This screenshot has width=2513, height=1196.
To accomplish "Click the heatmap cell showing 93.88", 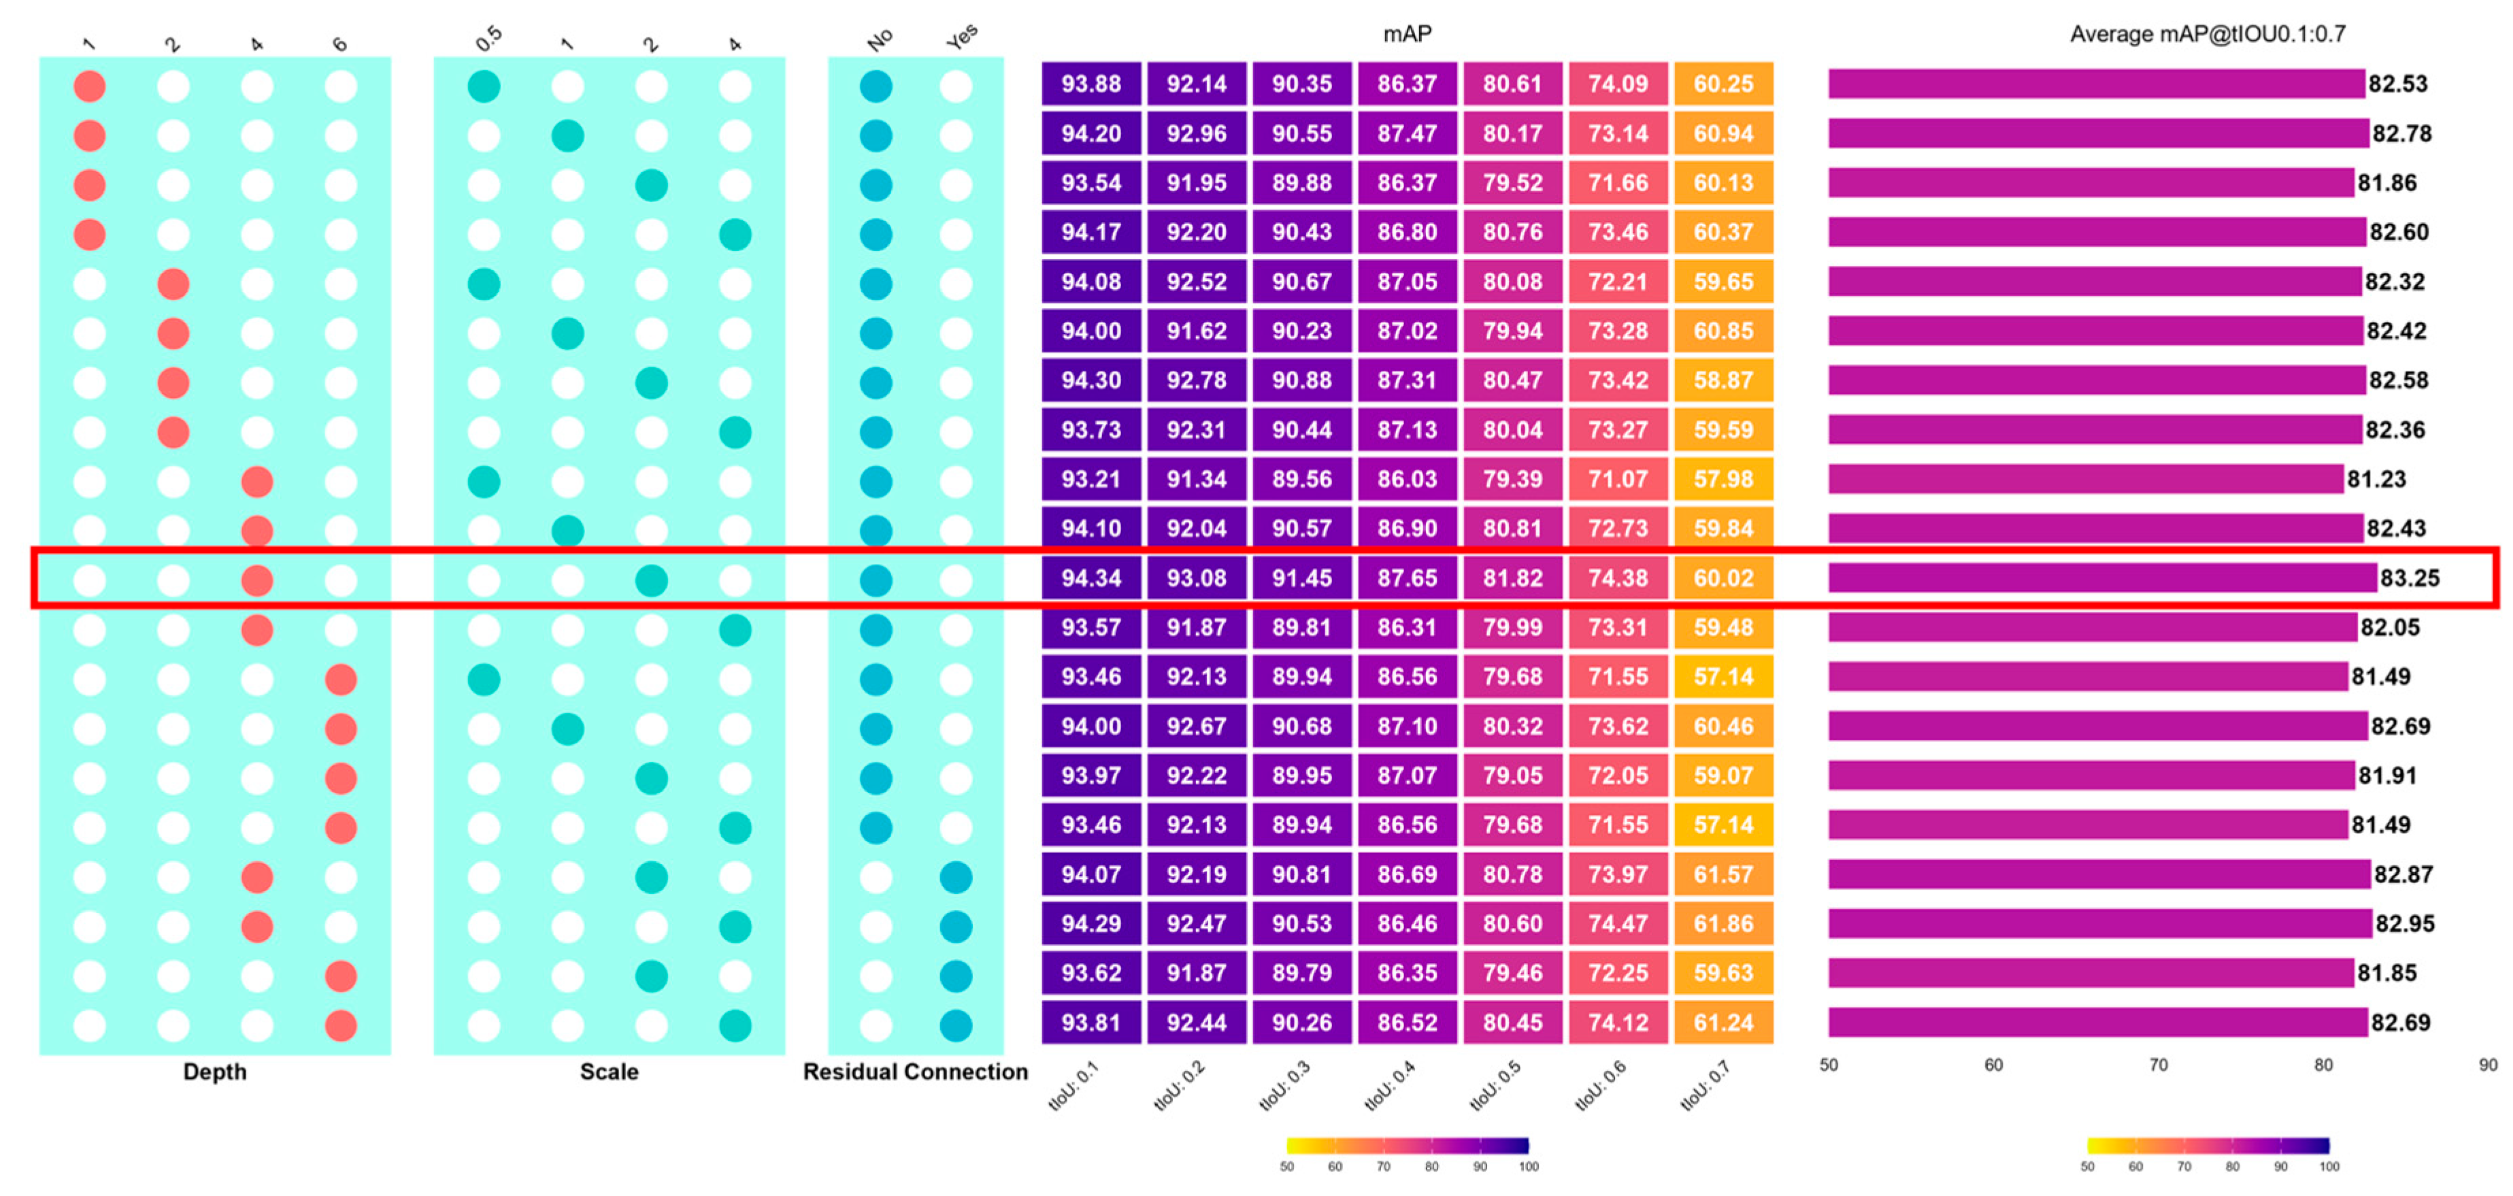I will coord(1091,84).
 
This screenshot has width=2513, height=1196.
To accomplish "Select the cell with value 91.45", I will coord(1301,578).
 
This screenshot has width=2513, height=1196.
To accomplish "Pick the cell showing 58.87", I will coord(1723,380).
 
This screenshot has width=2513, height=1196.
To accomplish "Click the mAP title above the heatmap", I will coord(1407,34).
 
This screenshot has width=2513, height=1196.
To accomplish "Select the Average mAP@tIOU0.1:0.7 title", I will coord(2207,34).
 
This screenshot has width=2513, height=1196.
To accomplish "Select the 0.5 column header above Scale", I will coord(488,39).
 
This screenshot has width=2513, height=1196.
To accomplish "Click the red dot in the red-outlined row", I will coord(256,580).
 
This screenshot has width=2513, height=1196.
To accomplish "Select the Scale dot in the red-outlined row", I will coord(650,580).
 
